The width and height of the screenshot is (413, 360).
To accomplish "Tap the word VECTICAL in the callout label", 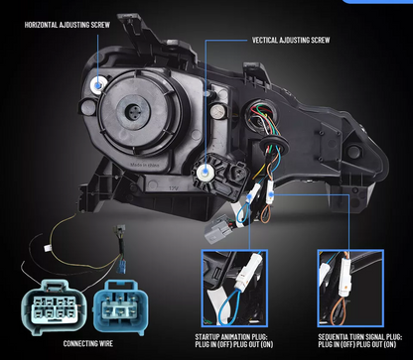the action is (265, 40).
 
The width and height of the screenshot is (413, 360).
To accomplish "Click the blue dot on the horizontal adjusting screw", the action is (98, 85).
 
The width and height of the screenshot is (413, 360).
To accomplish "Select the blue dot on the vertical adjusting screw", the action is (206, 172).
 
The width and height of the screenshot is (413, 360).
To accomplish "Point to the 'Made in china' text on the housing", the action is (145, 165).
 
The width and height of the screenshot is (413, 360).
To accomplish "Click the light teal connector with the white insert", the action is (54, 306).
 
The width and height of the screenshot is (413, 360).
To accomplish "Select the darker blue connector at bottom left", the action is (121, 306).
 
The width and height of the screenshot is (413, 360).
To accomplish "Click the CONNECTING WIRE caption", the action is (88, 343).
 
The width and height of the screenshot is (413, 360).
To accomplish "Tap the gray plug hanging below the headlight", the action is (217, 229).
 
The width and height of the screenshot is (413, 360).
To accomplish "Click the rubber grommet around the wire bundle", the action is (275, 144).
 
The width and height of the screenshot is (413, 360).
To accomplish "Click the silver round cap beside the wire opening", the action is (217, 111).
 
